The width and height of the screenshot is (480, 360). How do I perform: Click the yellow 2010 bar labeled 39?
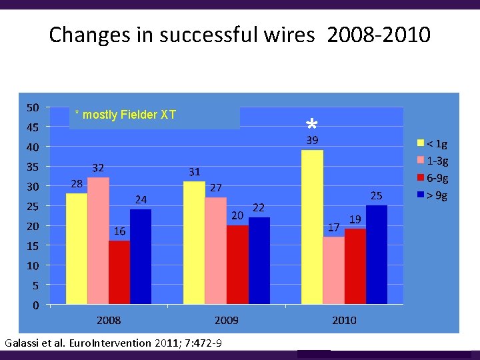coord(312,227)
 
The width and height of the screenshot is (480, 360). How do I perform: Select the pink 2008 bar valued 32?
coord(98,241)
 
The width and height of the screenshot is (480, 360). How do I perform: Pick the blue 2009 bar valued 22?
coord(259,261)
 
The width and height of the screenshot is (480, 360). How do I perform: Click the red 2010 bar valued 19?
coord(355,266)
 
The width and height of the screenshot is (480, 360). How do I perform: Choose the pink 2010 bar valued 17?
coord(333,270)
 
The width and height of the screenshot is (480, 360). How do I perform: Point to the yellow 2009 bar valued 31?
coord(194,243)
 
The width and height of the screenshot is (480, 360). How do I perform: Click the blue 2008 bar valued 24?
coord(141,257)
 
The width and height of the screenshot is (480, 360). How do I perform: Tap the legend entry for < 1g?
coord(433,143)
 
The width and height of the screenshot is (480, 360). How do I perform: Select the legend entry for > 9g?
coord(433,195)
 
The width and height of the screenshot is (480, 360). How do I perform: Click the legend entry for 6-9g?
coord(433,178)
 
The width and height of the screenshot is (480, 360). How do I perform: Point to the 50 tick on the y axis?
coord(32,107)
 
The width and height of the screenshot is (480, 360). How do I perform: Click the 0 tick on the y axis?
coord(35,305)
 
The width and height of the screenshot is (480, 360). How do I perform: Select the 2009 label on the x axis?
coord(227,321)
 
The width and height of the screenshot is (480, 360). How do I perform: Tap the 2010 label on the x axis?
coord(344,321)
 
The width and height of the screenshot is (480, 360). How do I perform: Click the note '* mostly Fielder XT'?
coord(125,115)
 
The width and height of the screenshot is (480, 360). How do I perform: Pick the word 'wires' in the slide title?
coord(291,35)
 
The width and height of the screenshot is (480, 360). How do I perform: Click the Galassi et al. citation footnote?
coord(114,343)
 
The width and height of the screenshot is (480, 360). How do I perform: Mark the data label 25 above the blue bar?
coord(377,195)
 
